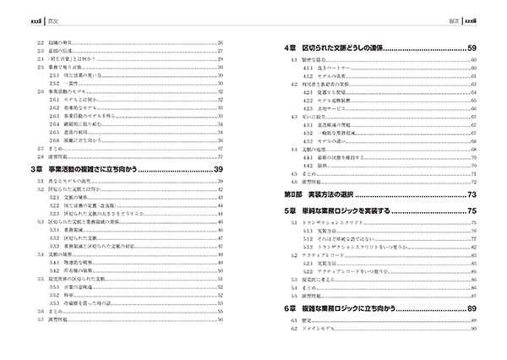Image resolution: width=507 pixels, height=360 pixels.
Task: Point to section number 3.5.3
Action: point(54,303)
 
